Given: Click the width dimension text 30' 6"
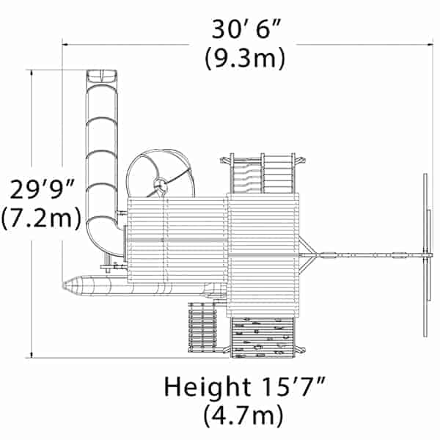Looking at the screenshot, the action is click(246, 29).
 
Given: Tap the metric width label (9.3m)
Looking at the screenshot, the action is click(245, 59).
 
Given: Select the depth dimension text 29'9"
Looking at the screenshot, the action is click(42, 190).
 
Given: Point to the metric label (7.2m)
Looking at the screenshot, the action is click(41, 219).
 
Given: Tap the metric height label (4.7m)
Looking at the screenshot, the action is click(243, 417).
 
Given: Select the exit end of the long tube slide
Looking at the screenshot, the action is click(102, 76).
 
